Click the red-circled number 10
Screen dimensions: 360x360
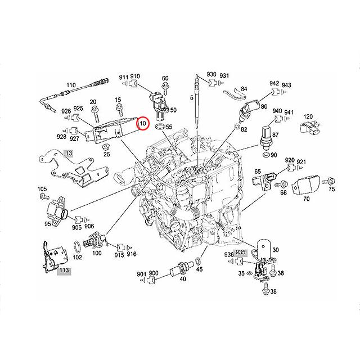point(142,123)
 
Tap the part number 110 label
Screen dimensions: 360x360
point(71,85)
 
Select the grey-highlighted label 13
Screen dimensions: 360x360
point(69,152)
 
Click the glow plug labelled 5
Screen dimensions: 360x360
point(197,112)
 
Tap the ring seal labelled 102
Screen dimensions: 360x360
point(75,246)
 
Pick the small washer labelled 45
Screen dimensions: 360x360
point(199,262)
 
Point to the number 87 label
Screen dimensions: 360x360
point(276,135)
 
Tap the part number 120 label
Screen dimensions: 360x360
point(308,116)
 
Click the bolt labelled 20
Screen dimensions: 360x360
point(94,101)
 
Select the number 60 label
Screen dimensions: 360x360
point(165,78)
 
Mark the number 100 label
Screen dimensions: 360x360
point(97,254)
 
